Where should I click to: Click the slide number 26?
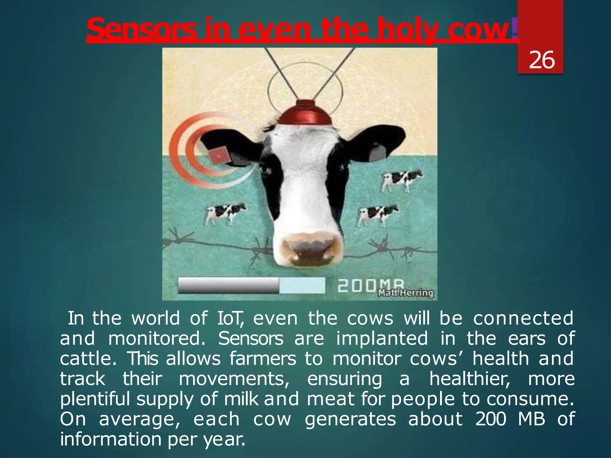coord(541,60)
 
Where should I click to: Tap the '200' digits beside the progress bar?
coord(356,285)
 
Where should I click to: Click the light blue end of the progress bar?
coord(302,285)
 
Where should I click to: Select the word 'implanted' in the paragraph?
coord(382,339)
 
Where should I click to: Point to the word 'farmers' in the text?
coord(263,359)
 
